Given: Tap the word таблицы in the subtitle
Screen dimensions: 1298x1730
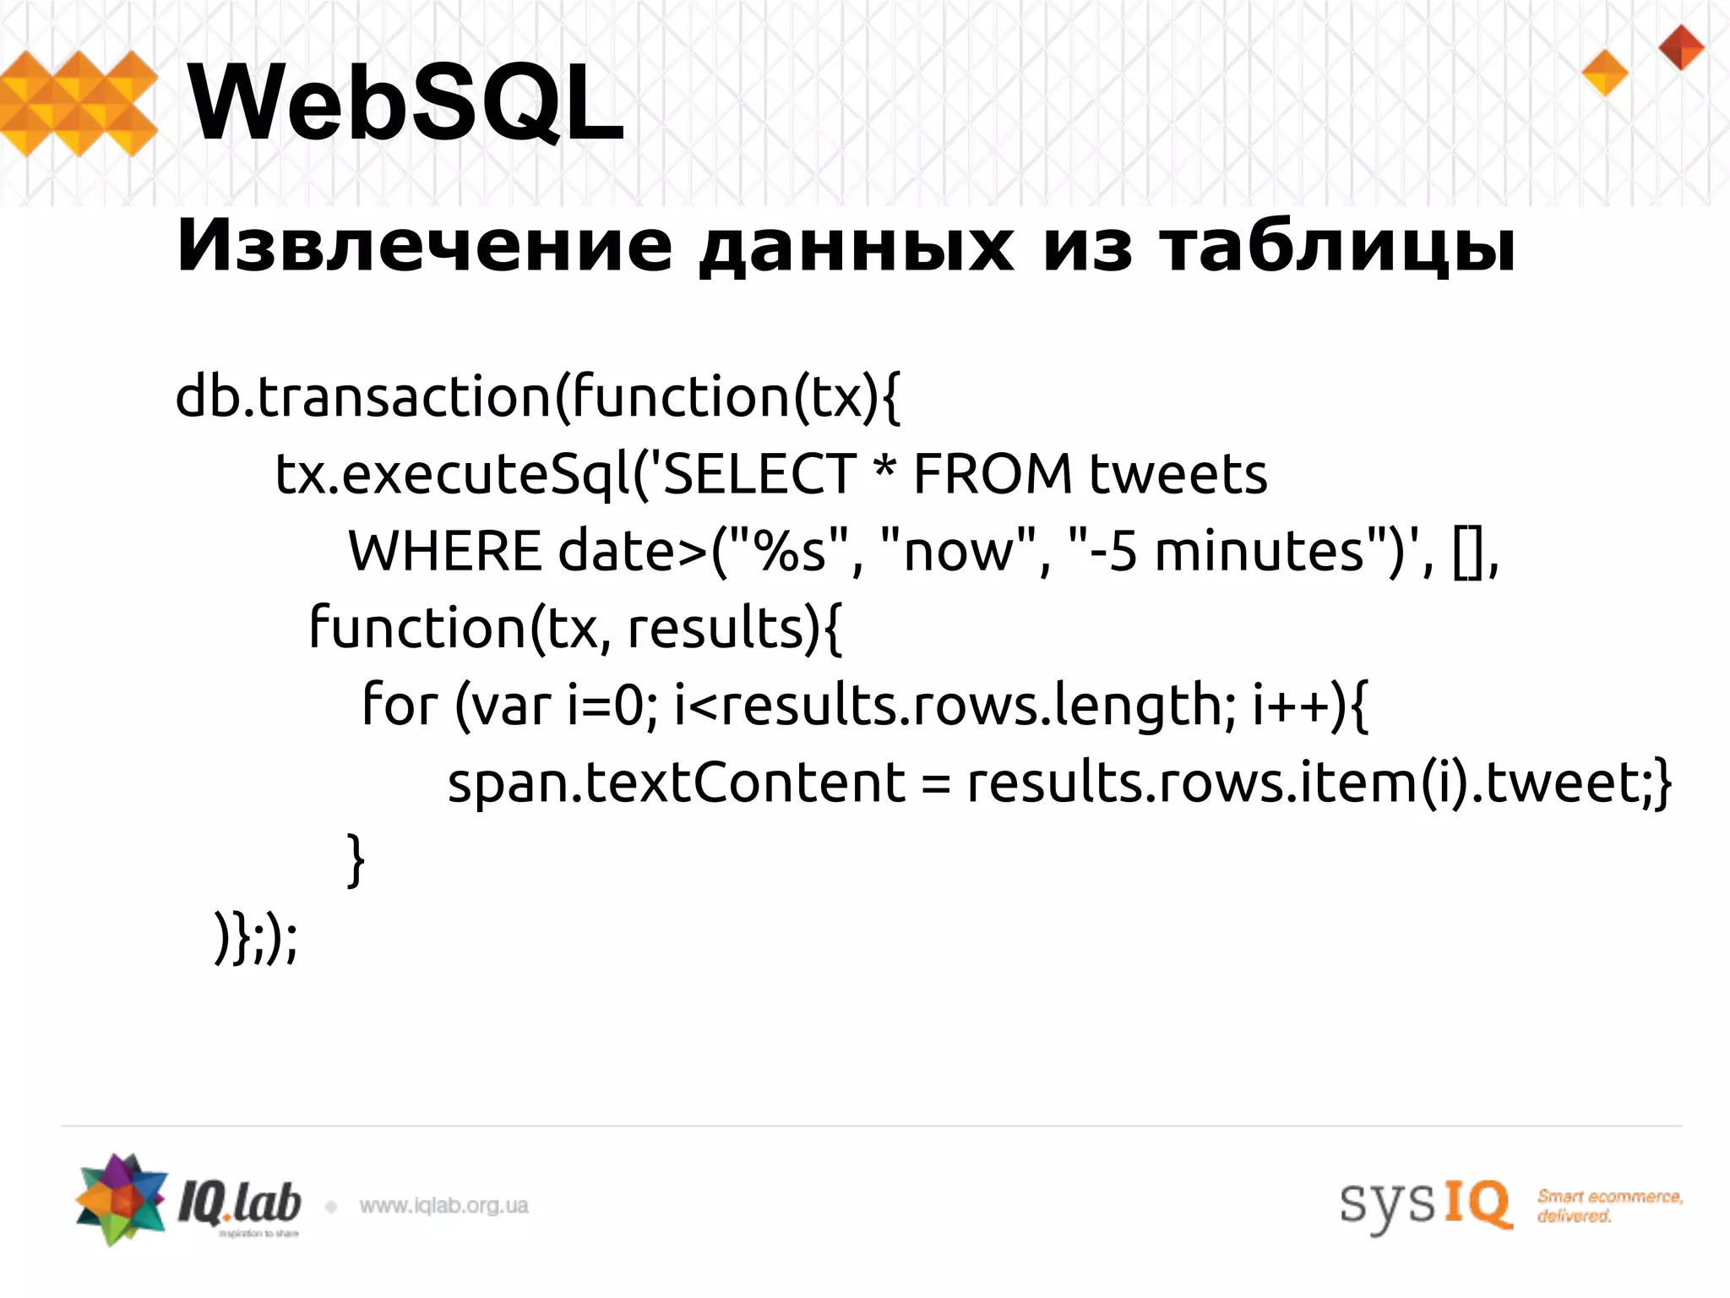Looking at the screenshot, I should (1336, 248).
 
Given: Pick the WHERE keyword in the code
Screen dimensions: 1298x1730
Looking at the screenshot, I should (444, 551).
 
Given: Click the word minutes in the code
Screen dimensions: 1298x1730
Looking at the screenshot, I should (1259, 551).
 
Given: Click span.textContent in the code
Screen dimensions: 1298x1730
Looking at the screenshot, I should (676, 783).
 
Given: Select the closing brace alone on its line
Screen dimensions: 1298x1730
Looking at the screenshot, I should (356, 859).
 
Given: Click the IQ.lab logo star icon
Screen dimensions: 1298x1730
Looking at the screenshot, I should (121, 1199).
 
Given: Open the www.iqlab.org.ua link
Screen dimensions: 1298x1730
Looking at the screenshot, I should (443, 1206).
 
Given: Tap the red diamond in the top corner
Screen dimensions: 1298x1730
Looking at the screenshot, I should (1681, 47).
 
